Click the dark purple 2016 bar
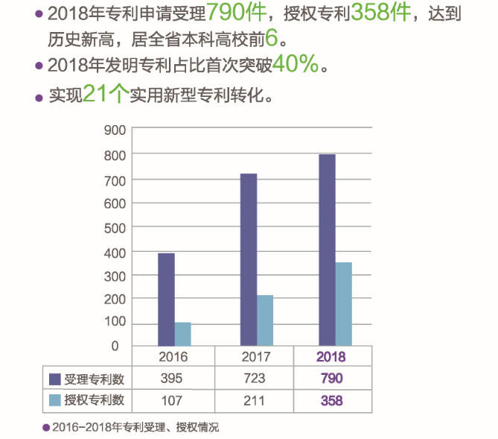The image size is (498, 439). (x=166, y=299)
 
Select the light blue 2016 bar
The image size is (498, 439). (x=182, y=334)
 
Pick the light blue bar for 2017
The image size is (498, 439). (x=265, y=320)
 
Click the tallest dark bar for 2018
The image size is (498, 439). (x=327, y=250)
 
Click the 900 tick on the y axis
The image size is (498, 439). (x=110, y=130)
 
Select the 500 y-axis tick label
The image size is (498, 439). (x=110, y=227)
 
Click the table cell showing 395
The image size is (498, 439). (x=171, y=379)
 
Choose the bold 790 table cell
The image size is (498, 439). (x=331, y=379)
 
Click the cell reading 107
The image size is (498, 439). (x=171, y=400)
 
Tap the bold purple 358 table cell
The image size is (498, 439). (x=331, y=400)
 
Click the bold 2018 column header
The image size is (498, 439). (x=331, y=357)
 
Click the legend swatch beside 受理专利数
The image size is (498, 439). (x=54, y=379)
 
